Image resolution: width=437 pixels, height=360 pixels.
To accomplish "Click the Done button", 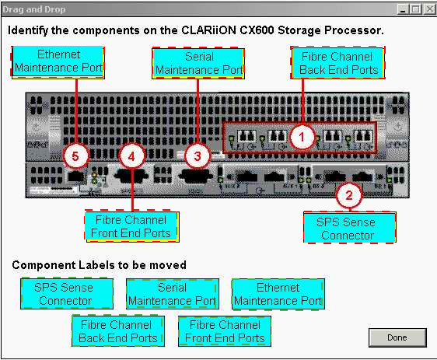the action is tap(397, 337).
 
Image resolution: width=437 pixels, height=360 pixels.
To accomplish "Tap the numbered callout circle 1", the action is tap(302, 137).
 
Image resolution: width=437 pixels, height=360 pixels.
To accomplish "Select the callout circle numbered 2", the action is tap(349, 195).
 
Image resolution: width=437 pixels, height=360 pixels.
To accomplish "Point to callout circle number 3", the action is tap(198, 156).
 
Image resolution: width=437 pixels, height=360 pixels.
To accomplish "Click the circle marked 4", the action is tap(131, 156).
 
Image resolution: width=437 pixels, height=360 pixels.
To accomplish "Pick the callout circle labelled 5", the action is tap(75, 156).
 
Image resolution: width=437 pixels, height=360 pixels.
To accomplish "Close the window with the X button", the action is tap(429, 9).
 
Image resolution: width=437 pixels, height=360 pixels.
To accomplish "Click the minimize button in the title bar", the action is tap(403, 9).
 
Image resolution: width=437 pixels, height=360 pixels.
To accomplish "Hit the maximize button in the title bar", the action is tap(416, 9).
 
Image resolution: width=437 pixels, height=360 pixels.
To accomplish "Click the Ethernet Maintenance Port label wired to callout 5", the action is tap(58, 62).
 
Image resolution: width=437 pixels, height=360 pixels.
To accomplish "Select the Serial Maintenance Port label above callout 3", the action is tap(198, 64).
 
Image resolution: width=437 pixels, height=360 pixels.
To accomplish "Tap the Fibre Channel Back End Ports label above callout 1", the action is tap(337, 63).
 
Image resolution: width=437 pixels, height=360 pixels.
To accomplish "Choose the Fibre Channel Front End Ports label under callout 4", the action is tap(132, 226).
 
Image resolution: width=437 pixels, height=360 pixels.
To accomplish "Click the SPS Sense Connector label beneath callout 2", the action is tap(350, 227).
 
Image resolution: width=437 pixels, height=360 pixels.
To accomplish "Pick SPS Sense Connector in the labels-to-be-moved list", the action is tap(67, 294).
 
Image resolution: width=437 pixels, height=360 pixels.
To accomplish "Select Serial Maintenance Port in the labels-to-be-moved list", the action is tap(173, 294).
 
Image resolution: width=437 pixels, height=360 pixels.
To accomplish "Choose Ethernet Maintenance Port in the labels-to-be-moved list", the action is tap(278, 294).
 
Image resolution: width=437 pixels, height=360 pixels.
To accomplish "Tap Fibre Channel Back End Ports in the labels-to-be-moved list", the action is tap(118, 331).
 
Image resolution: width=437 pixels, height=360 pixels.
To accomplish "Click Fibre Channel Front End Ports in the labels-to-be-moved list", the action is tap(225, 331).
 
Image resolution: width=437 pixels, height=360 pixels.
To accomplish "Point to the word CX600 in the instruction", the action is tap(257, 30).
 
